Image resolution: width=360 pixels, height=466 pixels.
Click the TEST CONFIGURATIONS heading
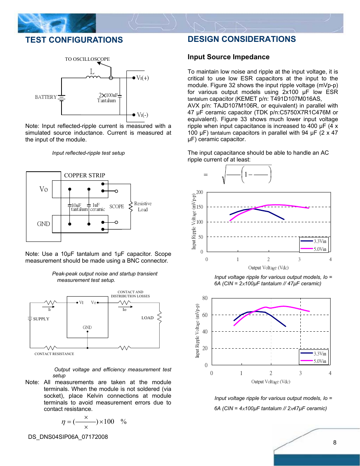[x=74, y=40]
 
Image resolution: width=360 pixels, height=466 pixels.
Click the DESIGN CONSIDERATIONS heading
[x=242, y=39]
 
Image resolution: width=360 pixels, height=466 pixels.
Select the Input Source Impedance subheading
[x=228, y=57]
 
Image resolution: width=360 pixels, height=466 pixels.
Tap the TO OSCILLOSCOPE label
[x=87, y=59]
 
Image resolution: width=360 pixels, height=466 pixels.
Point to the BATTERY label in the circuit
[x=46, y=97]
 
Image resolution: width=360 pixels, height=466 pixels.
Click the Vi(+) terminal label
[x=143, y=78]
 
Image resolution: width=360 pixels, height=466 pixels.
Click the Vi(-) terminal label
[x=142, y=115]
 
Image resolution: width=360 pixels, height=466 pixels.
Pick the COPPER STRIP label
[x=85, y=175]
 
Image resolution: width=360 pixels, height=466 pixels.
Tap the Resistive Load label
[x=143, y=206]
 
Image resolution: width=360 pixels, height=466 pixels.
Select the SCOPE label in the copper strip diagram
[x=117, y=207]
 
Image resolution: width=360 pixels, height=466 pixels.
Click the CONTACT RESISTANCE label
[x=54, y=354]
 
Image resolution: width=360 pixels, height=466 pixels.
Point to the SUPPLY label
[x=41, y=319]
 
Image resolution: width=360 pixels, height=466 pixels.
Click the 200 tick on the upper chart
[x=200, y=192]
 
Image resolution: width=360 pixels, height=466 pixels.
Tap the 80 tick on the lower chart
[x=205, y=298]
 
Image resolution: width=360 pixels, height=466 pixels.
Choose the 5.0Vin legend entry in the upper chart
[x=320, y=249]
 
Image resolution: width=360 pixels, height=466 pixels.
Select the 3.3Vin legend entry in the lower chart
[x=320, y=354]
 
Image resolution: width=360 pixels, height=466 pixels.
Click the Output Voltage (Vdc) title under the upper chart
[x=268, y=268]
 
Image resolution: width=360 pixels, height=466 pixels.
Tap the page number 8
[x=335, y=443]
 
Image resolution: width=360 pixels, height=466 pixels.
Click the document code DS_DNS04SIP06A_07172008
[x=68, y=437]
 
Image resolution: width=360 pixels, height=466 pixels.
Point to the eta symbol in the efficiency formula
[x=63, y=422]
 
